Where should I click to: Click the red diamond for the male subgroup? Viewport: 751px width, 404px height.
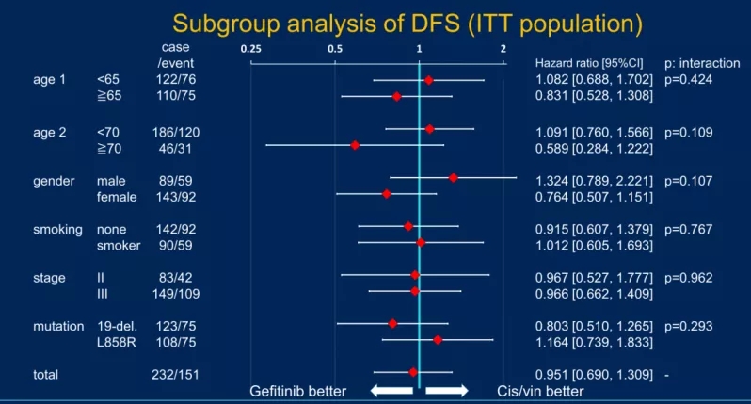(x=453, y=178)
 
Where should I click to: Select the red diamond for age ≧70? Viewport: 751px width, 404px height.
(x=355, y=145)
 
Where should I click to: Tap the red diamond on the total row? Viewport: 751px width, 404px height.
(x=413, y=373)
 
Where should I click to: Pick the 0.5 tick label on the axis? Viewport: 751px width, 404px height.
(x=335, y=48)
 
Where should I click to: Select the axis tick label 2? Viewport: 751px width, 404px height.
(x=503, y=48)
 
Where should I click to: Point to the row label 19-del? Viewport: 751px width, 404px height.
(x=117, y=325)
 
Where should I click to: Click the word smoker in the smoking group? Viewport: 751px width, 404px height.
(x=119, y=246)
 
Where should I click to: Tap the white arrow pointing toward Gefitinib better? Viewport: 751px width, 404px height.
(x=390, y=390)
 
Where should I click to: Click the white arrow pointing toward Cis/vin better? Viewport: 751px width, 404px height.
(x=447, y=390)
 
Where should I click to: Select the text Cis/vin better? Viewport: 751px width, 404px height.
(x=540, y=391)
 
